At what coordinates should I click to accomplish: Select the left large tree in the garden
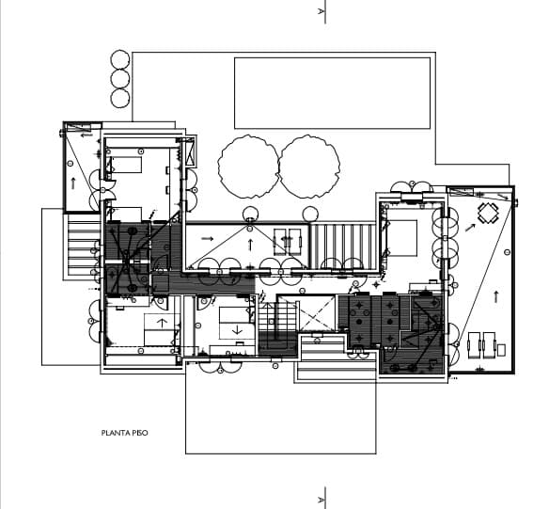click(x=248, y=167)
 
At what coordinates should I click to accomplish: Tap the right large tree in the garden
click(x=309, y=167)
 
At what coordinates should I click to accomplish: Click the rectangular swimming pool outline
click(x=332, y=92)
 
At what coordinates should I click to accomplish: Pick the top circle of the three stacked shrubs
click(x=119, y=59)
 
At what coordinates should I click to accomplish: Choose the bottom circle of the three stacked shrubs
click(x=119, y=98)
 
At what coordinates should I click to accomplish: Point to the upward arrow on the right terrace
click(x=495, y=295)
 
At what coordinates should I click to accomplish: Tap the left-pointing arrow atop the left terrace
click(x=86, y=135)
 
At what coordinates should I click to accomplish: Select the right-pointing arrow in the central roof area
click(x=207, y=239)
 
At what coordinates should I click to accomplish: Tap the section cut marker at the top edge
click(x=323, y=12)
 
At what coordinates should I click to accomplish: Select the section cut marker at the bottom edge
click(x=323, y=497)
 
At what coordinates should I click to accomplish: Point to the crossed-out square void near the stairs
click(x=317, y=313)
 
